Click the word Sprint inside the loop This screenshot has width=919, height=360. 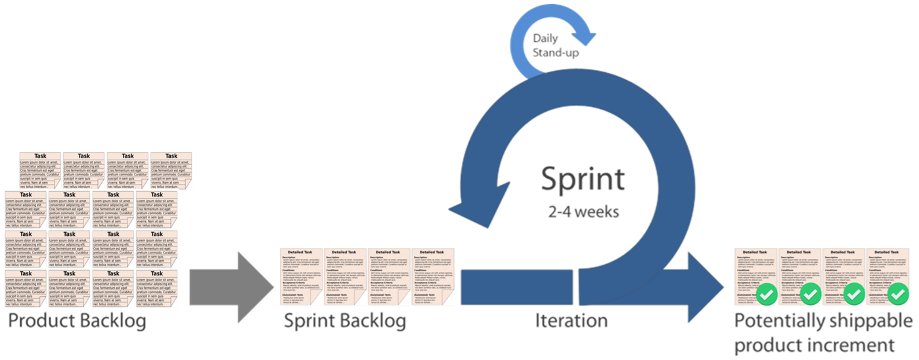583,179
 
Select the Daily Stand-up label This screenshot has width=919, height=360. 556,45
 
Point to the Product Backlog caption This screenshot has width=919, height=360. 76,322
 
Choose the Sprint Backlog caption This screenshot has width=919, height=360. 345,321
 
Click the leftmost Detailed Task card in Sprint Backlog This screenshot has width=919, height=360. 300,277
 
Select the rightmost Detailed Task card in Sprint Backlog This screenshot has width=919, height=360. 433,277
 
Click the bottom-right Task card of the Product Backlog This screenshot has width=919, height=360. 156,288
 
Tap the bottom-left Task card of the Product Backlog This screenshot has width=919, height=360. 26,288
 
